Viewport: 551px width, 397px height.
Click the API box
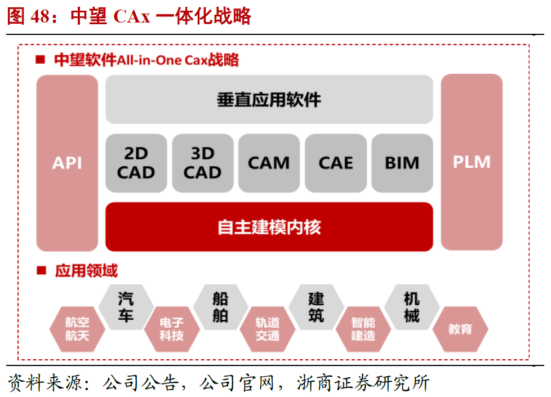(67, 163)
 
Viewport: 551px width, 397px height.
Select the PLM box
(472, 162)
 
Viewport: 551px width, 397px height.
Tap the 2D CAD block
(136, 163)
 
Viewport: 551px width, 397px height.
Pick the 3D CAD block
(202, 163)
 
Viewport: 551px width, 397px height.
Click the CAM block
(269, 163)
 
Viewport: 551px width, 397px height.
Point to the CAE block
(335, 163)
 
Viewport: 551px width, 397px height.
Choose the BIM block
(402, 163)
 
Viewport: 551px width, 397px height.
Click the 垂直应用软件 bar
(269, 100)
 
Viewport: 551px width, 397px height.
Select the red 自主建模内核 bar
(269, 227)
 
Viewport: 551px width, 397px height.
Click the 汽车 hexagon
(126, 307)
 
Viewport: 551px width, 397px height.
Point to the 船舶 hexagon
(220, 307)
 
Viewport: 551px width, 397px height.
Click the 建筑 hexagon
(316, 307)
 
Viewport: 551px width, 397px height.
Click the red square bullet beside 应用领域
(41, 270)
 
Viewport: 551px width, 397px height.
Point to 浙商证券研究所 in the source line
(363, 383)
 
